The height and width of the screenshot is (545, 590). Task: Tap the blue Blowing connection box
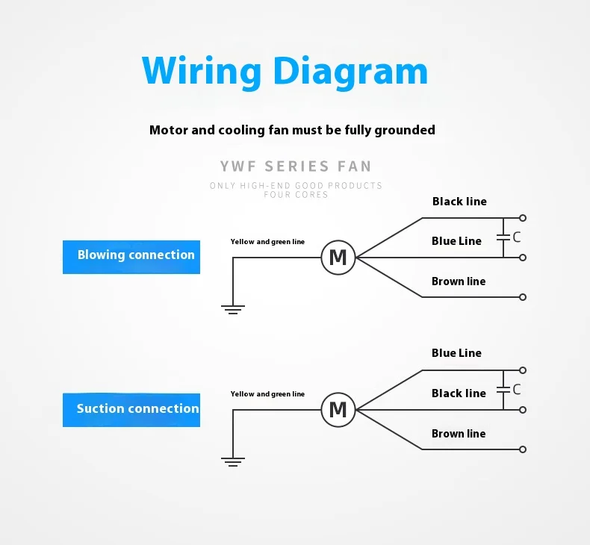point(131,257)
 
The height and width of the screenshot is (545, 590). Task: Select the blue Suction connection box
point(131,410)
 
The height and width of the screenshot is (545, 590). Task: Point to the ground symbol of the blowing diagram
point(233,310)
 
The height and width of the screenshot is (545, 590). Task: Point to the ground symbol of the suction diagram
point(233,462)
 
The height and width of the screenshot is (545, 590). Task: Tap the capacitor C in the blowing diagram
point(503,237)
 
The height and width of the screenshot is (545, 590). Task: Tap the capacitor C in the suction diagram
point(503,390)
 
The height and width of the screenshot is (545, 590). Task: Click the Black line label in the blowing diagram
point(459,202)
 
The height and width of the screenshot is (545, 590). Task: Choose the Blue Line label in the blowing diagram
point(456,240)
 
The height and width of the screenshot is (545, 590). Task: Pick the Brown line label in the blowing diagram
point(459,281)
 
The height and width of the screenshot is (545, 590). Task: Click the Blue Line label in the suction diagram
point(456,353)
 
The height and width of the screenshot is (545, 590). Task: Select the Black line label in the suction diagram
point(459,393)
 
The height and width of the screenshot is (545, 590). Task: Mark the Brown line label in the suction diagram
point(459,434)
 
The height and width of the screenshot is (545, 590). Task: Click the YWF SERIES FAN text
point(296,166)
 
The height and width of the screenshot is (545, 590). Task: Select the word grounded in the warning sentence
point(405,130)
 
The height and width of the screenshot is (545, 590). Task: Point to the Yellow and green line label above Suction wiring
point(267,393)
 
